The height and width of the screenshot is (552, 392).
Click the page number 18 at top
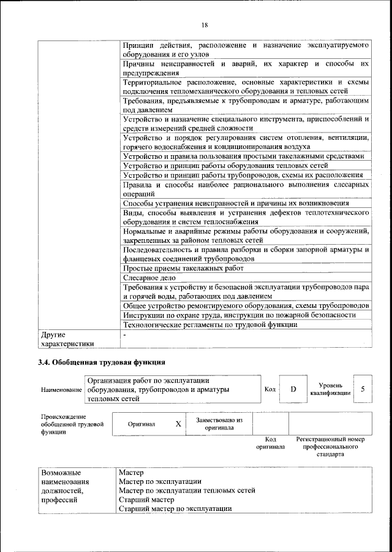[x=204, y=25]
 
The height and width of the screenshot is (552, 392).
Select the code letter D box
[x=293, y=389]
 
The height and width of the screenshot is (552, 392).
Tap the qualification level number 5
[x=363, y=389]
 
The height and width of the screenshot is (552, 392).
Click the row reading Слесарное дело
[x=145, y=277]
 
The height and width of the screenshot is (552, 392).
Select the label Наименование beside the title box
[x=61, y=390]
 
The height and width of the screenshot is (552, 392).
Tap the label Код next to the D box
[x=270, y=389]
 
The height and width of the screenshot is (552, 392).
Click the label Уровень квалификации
[x=331, y=389]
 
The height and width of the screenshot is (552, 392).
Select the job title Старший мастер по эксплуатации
[x=175, y=508]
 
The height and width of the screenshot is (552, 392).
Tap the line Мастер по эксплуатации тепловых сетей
[x=187, y=490]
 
